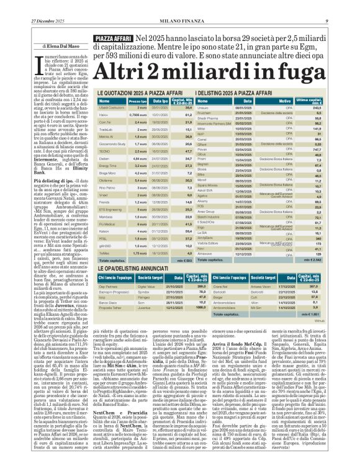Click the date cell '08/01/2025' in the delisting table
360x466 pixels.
[242, 107]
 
